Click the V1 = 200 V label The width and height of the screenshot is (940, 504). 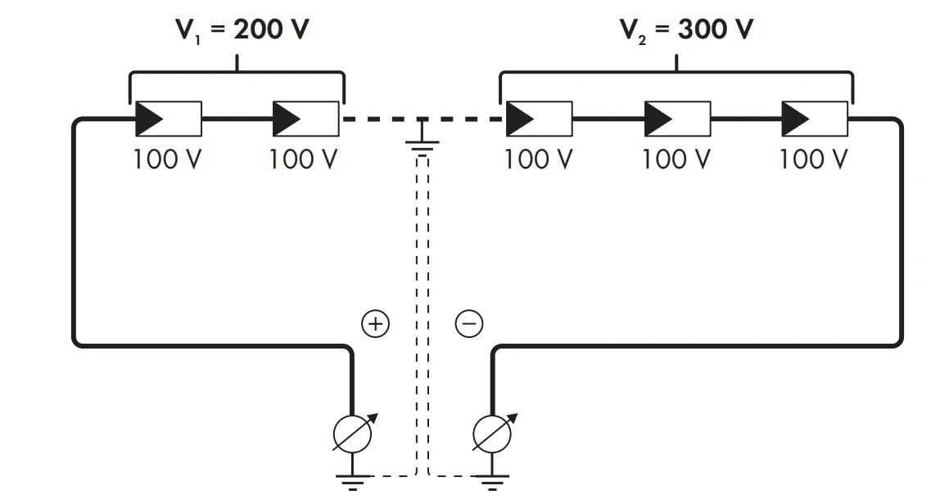coord(243,30)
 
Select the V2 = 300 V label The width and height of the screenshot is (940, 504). coord(685,30)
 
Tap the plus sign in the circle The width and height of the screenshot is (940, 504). coord(375,325)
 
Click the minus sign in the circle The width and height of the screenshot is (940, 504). coord(469,325)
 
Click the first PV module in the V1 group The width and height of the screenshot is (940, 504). coord(168,119)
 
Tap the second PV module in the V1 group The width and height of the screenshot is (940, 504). coord(305,119)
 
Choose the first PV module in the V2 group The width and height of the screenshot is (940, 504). coord(539,119)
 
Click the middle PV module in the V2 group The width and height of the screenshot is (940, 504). coord(677,119)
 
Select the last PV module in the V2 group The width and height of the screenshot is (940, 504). coord(815,119)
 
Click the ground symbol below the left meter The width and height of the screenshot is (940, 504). coord(353,482)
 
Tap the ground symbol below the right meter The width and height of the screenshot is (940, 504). coord(493,482)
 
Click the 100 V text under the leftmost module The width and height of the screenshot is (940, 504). coord(167,159)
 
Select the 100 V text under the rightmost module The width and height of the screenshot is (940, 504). coord(814,159)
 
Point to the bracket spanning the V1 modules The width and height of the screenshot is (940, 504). coord(237,75)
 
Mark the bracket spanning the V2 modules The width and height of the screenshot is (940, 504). coord(676,75)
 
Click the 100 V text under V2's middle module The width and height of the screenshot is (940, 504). coord(676,159)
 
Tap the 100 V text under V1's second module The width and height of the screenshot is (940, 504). coord(304,159)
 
